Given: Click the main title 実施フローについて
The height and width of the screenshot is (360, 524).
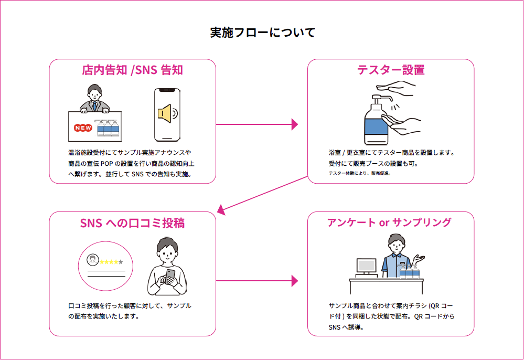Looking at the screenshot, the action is (x=263, y=33).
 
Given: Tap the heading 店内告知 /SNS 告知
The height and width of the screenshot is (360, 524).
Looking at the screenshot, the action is (x=132, y=70).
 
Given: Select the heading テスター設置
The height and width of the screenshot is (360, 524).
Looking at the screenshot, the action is (x=391, y=70).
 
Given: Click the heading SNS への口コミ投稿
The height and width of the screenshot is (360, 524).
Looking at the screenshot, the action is (x=132, y=223).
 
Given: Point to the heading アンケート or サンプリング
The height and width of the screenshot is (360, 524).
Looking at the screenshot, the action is (x=389, y=223).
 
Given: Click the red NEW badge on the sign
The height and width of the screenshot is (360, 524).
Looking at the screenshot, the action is (x=83, y=128).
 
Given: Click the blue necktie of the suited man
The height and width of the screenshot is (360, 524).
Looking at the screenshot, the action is (x=94, y=106).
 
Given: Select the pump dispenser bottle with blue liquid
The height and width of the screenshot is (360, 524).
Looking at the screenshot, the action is (x=377, y=120).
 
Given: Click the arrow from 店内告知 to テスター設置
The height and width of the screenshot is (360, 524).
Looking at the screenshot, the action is (x=256, y=124).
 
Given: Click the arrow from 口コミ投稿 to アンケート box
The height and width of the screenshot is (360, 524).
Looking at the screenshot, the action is (x=256, y=281).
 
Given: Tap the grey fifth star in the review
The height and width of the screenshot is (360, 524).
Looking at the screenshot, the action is (x=121, y=262).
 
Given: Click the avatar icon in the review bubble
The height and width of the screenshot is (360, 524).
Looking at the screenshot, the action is (x=92, y=259).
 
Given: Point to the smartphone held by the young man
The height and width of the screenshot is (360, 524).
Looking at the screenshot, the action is (x=170, y=277).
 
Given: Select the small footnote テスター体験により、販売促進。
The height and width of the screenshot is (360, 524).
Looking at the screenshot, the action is (x=360, y=173).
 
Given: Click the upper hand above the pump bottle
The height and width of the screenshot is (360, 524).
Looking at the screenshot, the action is (x=396, y=87).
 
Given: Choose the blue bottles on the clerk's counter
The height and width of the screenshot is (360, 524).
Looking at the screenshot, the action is (x=409, y=271).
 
